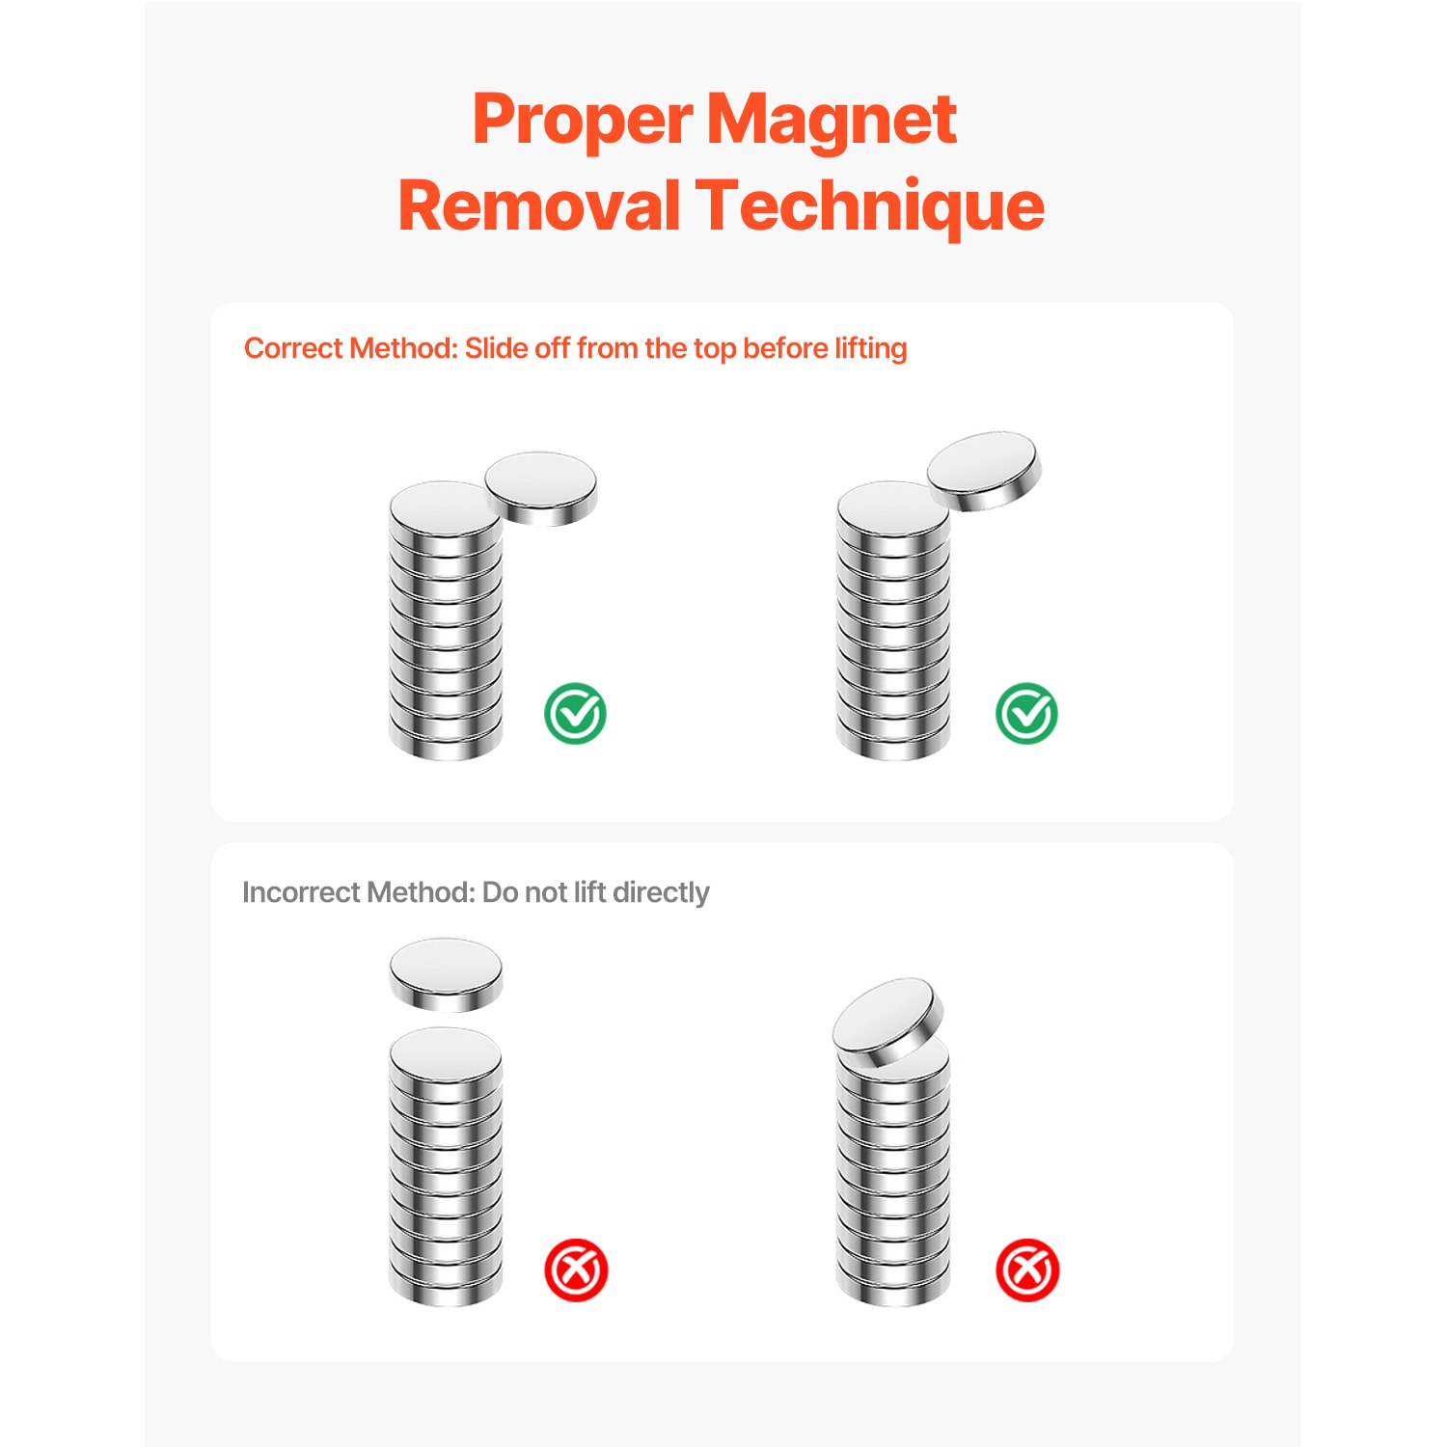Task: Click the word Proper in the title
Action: click(x=583, y=122)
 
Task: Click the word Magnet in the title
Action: click(x=832, y=122)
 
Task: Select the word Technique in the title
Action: click(x=869, y=207)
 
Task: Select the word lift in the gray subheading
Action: click(x=589, y=892)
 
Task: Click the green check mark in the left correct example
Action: click(x=575, y=713)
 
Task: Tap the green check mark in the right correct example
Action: click(x=1026, y=713)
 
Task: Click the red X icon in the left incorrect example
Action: click(x=576, y=1270)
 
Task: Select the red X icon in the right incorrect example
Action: click(x=1027, y=1270)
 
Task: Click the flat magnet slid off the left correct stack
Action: click(x=541, y=488)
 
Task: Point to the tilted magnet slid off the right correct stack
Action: click(x=985, y=470)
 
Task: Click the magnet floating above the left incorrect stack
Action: click(x=446, y=974)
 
